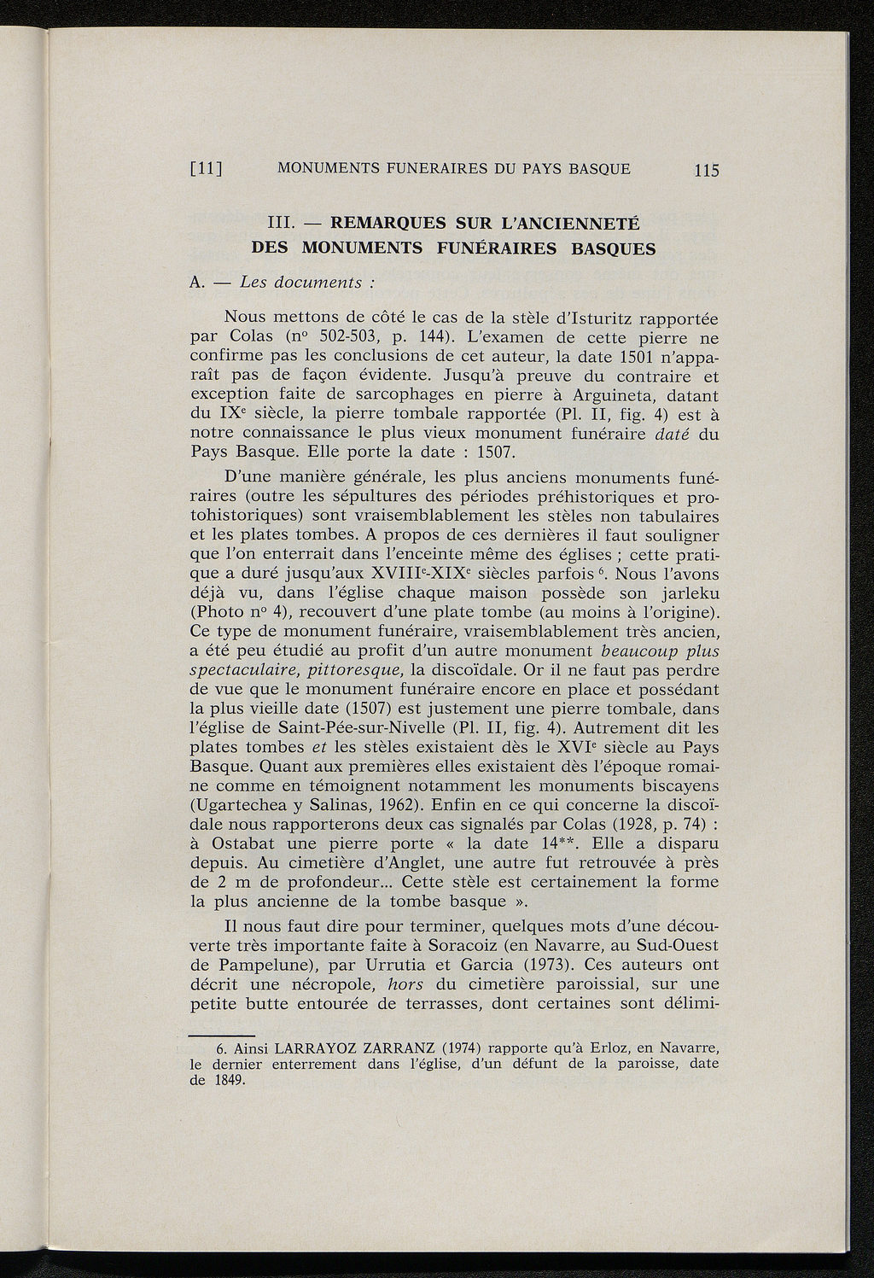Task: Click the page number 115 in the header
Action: pyautogui.click(x=708, y=170)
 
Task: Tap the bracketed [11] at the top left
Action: pyautogui.click(x=206, y=169)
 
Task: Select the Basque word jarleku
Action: pyautogui.click(x=689, y=592)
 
